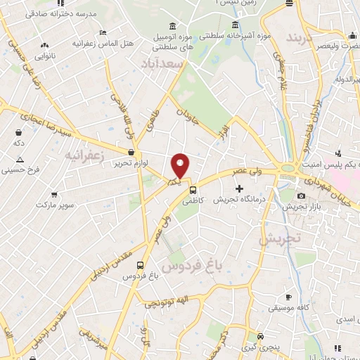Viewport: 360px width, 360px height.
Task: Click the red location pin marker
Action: click(181, 165)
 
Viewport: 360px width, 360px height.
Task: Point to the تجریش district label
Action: click(279, 238)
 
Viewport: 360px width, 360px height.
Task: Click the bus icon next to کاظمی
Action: click(193, 188)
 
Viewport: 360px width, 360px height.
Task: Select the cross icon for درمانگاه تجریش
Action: click(240, 188)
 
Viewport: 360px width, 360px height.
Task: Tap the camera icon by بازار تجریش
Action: click(301, 195)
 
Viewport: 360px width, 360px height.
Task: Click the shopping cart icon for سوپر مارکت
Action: click(54, 193)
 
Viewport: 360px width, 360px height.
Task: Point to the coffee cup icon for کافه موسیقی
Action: click(288, 297)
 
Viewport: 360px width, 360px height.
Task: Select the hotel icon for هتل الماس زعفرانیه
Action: click(103, 32)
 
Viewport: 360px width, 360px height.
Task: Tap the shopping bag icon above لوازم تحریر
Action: click(131, 152)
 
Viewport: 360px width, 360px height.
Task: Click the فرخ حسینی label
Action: click(17, 169)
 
